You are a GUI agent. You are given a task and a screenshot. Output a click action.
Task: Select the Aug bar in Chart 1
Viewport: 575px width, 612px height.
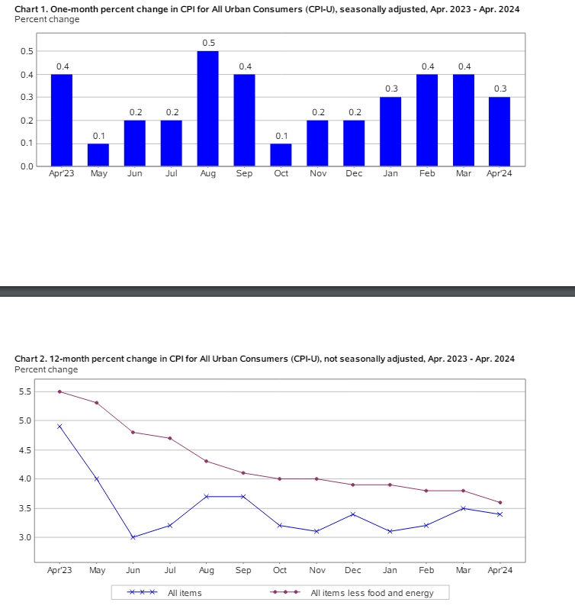[x=207, y=108]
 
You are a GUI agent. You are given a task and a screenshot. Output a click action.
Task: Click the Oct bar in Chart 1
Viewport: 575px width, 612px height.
[x=281, y=154]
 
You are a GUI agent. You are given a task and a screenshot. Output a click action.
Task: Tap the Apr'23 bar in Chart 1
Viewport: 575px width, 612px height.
[x=62, y=120]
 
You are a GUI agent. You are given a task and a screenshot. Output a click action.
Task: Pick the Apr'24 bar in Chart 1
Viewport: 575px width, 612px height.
[x=500, y=131]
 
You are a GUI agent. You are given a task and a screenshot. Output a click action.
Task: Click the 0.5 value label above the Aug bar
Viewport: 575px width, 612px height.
[x=208, y=43]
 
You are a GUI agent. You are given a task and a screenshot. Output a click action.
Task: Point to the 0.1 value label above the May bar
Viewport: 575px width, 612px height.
[x=98, y=135]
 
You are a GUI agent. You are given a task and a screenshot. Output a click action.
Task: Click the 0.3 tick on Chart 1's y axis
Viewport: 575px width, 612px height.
[x=27, y=98]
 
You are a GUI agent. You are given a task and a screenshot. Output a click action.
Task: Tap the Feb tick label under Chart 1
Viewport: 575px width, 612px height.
[x=427, y=174]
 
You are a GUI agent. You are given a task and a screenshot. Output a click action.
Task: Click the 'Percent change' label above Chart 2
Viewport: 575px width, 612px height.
[x=46, y=369]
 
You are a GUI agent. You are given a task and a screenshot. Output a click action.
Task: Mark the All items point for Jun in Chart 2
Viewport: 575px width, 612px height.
[x=133, y=537]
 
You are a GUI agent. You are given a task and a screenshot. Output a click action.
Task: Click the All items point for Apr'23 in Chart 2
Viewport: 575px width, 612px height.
[x=59, y=427]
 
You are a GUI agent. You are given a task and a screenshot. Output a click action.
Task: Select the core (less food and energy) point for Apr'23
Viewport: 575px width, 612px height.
[x=59, y=391]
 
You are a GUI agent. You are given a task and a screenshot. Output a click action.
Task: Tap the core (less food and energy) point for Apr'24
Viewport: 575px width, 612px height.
[x=500, y=502]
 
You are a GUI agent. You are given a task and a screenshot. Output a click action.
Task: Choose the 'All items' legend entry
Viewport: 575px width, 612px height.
[x=164, y=592]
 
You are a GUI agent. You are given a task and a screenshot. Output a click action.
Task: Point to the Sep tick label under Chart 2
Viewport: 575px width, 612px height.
[x=243, y=570]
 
